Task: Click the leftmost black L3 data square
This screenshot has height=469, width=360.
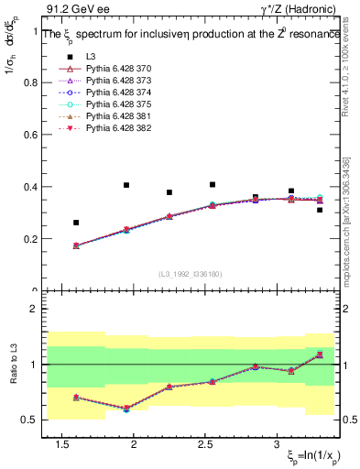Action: [76, 223]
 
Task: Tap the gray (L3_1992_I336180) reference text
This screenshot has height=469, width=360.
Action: [189, 274]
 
